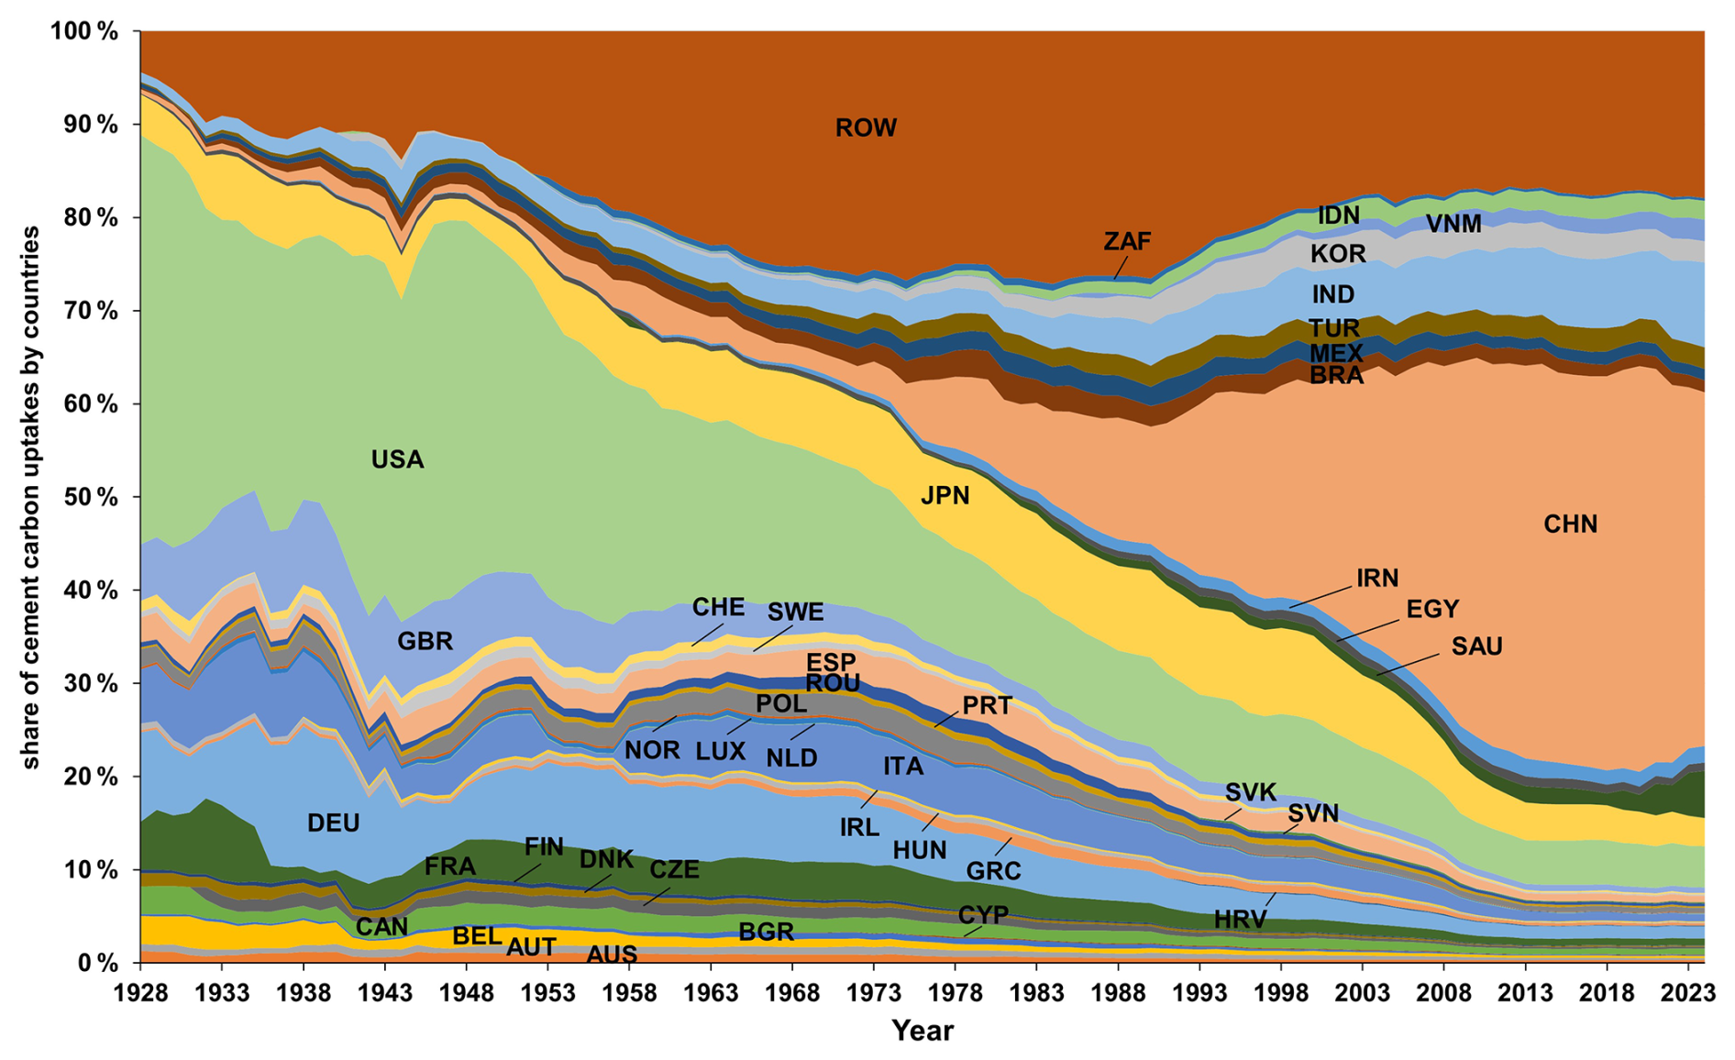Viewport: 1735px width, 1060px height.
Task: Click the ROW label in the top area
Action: click(x=865, y=127)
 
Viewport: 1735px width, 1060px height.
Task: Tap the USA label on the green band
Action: click(x=397, y=459)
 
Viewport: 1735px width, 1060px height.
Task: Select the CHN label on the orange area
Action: click(x=1570, y=524)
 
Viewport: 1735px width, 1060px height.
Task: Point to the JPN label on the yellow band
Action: click(x=945, y=496)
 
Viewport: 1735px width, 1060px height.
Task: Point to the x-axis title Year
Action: click(x=922, y=1031)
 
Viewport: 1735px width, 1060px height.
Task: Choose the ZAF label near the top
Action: click(x=1126, y=241)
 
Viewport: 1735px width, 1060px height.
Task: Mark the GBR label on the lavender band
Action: click(x=425, y=641)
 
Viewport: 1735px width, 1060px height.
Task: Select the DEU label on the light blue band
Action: click(x=333, y=823)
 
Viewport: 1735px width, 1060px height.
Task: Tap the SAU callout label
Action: click(x=1476, y=646)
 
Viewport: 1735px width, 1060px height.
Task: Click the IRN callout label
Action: click(x=1377, y=578)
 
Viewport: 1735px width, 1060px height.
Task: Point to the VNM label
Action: click(x=1453, y=224)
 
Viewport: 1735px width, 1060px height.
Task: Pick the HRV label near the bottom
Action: click(x=1240, y=920)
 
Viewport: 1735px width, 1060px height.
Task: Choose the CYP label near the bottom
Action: click(x=983, y=914)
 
